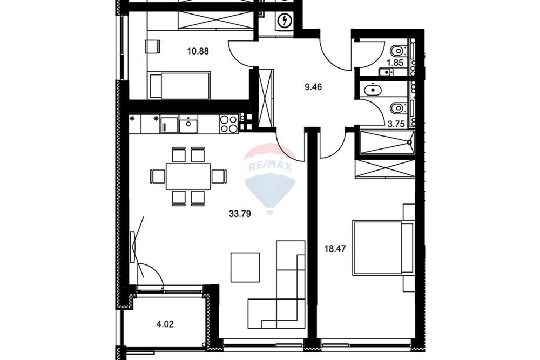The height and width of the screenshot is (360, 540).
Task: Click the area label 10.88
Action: [x=198, y=51]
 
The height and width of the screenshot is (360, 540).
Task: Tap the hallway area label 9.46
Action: [x=313, y=87]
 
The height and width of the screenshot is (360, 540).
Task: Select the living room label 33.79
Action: [x=240, y=214]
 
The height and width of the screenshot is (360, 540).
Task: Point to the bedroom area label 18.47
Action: [x=335, y=248]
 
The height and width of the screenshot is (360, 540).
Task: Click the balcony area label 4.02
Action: [x=165, y=324]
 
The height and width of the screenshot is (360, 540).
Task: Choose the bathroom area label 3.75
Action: [x=396, y=124]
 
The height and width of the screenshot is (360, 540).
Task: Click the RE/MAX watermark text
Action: [x=270, y=167]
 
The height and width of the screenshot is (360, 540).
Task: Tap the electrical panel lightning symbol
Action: [x=285, y=22]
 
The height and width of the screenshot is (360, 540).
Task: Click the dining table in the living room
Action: [x=188, y=176]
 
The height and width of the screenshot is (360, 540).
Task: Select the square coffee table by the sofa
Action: [x=245, y=267]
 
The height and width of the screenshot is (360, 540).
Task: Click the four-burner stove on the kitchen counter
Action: [x=228, y=124]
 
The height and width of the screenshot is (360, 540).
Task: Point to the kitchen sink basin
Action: [x=188, y=124]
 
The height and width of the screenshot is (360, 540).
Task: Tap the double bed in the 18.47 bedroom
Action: [x=382, y=248]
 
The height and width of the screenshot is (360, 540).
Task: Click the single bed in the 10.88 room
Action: [x=180, y=85]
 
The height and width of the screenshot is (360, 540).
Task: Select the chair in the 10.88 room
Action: [x=153, y=46]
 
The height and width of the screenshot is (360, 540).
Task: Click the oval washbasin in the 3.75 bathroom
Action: [x=373, y=90]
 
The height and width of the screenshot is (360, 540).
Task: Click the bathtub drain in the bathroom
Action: [x=409, y=142]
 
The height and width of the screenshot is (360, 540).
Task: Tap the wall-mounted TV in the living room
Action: [x=133, y=247]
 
